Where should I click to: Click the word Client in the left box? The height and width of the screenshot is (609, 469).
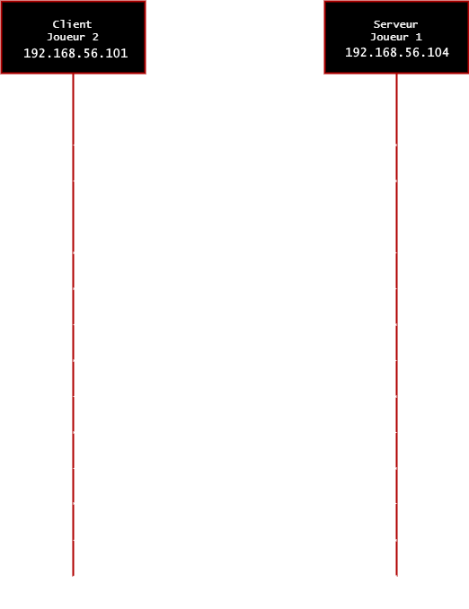[72, 24]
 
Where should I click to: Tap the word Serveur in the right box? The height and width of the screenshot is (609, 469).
[395, 24]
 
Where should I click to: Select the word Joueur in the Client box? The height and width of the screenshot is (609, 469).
[66, 37]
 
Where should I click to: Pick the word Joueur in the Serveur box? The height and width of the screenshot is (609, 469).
[389, 37]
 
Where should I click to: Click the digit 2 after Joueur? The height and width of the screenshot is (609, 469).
[95, 37]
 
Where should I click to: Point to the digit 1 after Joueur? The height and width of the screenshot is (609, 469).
[419, 37]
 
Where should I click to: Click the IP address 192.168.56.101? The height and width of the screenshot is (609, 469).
[75, 53]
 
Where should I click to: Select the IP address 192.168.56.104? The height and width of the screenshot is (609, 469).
[397, 52]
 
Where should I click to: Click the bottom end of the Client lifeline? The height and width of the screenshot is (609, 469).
[73, 576]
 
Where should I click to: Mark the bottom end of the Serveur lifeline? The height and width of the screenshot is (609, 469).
[397, 576]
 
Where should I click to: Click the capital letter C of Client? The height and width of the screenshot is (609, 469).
[56, 24]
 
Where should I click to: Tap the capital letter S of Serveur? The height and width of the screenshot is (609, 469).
[376, 24]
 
